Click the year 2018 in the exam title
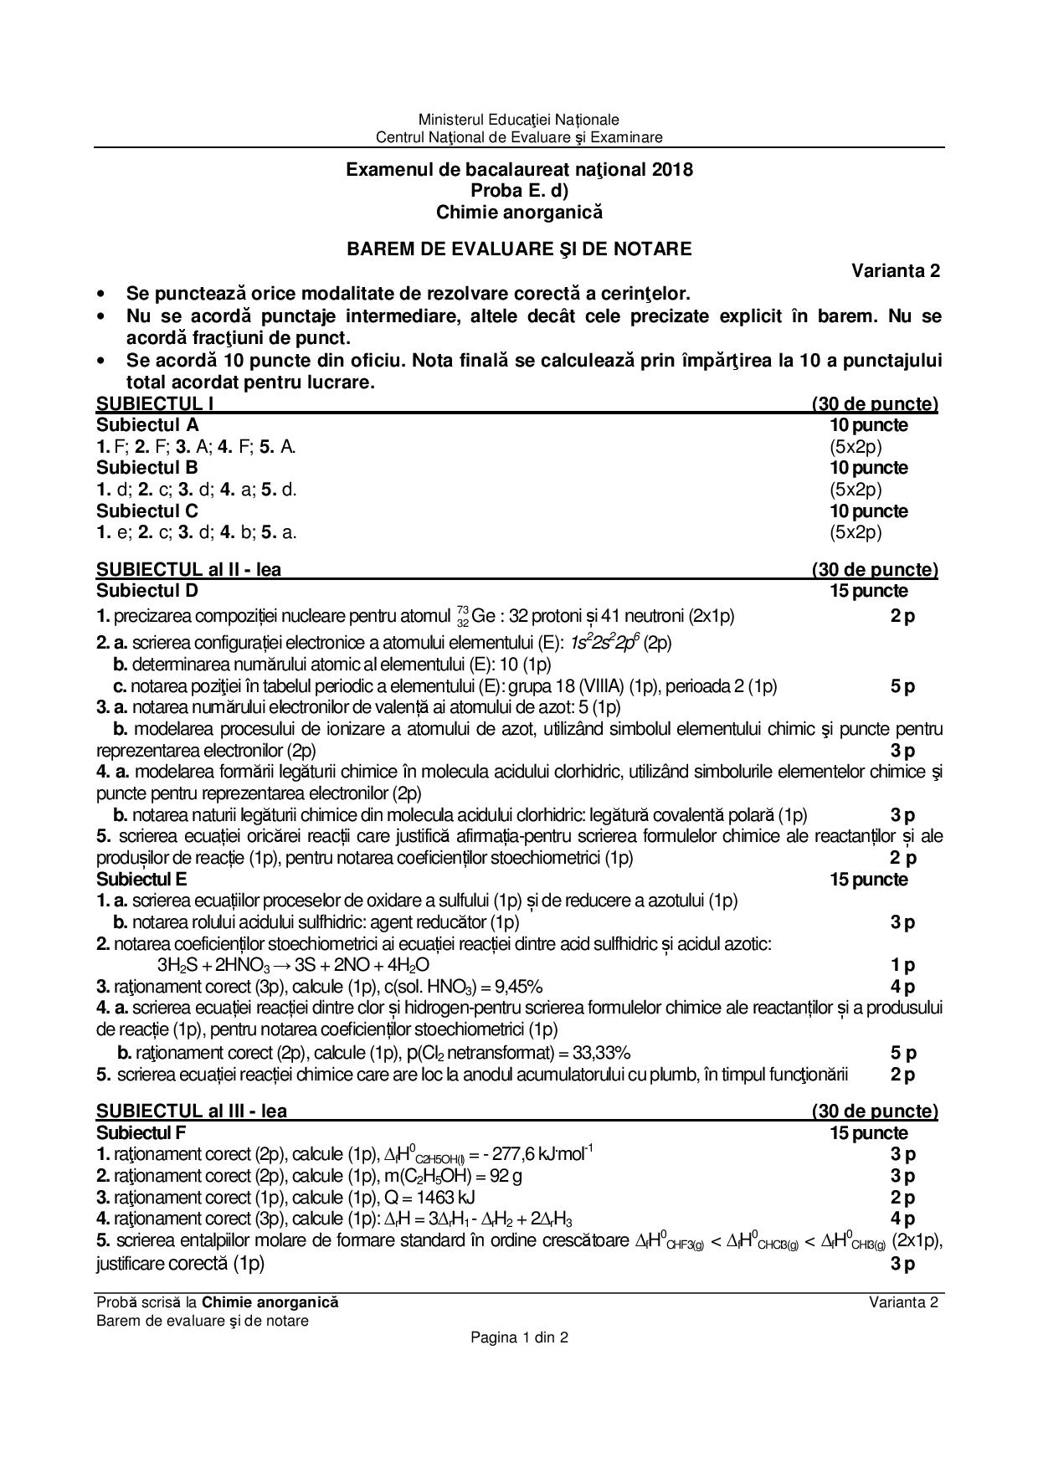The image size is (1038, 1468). (671, 169)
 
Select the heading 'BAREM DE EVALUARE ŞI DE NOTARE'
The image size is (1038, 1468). (519, 249)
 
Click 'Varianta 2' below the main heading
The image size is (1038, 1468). (896, 270)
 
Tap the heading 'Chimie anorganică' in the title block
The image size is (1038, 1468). (519, 213)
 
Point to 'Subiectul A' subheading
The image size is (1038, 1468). (147, 424)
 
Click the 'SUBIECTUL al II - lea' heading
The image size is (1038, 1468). (189, 570)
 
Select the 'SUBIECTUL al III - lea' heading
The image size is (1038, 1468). (192, 1111)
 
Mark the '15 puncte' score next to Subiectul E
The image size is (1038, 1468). (868, 880)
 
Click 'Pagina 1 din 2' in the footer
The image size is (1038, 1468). (519, 1337)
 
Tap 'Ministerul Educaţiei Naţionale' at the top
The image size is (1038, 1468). (519, 120)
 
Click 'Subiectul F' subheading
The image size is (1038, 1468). (141, 1133)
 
